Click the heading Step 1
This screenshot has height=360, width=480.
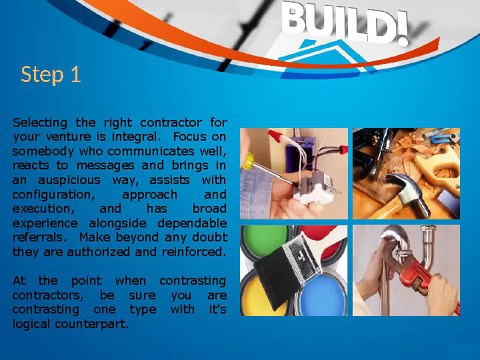click(x=51, y=74)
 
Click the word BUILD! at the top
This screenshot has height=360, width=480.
click(x=345, y=24)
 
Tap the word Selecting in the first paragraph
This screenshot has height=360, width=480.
click(x=40, y=123)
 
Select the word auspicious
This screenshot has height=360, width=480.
click(x=69, y=180)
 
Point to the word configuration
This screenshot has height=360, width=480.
click(x=53, y=195)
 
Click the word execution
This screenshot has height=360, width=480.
click(x=43, y=209)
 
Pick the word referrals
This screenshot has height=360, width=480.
click(x=38, y=238)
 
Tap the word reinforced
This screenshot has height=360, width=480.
click(x=192, y=252)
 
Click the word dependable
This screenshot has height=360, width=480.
click(x=192, y=223)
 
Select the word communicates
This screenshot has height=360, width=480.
click(x=151, y=152)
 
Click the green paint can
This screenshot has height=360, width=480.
click(x=263, y=239)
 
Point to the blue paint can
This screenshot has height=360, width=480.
click(x=323, y=294)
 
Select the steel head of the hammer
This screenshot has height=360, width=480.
click(x=407, y=193)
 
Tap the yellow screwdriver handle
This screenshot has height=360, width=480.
click(x=249, y=161)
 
